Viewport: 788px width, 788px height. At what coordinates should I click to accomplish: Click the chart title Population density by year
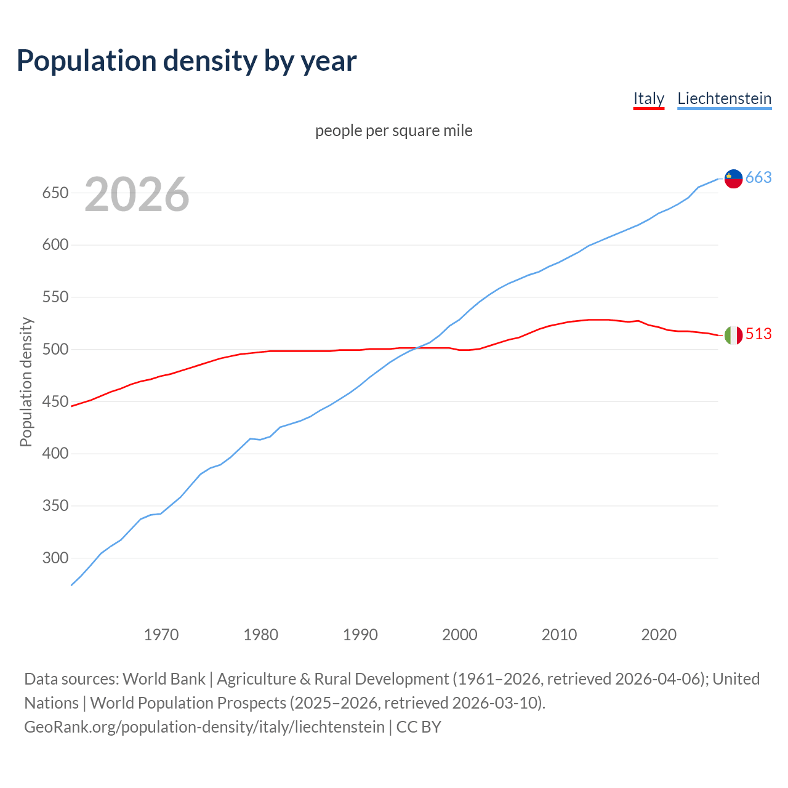tap(187, 60)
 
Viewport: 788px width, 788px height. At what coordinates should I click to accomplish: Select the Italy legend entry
tap(648, 98)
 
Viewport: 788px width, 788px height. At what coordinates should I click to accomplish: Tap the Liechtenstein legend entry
tap(724, 98)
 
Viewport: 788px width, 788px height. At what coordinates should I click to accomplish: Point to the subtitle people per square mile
tap(393, 131)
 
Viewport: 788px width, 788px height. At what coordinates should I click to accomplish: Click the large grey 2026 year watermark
tap(137, 195)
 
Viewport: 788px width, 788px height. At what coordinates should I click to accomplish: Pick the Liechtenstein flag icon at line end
tap(733, 178)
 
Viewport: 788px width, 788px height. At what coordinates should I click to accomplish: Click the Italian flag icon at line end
tap(733, 335)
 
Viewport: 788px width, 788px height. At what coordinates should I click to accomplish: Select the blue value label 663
tap(758, 178)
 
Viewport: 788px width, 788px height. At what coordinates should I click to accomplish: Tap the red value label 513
tap(758, 334)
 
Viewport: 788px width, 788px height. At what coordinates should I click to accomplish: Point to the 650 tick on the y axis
tap(55, 193)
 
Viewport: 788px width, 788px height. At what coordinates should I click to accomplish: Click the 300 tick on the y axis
tap(55, 558)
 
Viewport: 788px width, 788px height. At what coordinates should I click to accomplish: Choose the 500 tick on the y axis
tap(55, 350)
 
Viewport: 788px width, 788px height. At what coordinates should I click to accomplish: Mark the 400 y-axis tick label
tap(55, 454)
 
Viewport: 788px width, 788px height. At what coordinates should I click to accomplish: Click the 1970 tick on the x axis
tap(161, 635)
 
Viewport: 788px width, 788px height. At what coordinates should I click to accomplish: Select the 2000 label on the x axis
tap(460, 635)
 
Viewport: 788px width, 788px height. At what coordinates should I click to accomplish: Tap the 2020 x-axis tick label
tap(659, 635)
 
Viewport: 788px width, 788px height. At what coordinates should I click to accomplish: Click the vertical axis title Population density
tap(26, 382)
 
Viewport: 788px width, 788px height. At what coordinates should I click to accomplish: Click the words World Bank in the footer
tap(164, 679)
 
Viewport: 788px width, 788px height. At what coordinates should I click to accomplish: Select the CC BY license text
tap(419, 727)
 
